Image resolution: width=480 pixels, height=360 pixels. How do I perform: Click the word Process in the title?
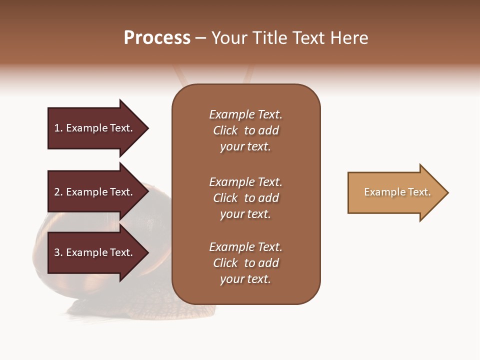click(x=157, y=38)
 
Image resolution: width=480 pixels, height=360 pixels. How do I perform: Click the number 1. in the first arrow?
click(x=58, y=128)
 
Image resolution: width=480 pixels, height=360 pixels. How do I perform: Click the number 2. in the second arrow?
click(x=58, y=192)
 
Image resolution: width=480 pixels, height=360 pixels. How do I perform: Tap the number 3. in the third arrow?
click(x=58, y=252)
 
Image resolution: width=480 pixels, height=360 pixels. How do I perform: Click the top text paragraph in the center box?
click(x=245, y=130)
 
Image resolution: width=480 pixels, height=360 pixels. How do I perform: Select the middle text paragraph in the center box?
click(x=245, y=198)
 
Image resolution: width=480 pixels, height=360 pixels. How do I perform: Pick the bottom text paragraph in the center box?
click(x=245, y=263)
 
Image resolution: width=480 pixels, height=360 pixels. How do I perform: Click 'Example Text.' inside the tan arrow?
click(x=397, y=192)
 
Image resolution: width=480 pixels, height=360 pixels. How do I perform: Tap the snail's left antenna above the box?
click(x=179, y=75)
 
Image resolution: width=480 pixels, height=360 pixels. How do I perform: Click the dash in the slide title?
click(x=200, y=38)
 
